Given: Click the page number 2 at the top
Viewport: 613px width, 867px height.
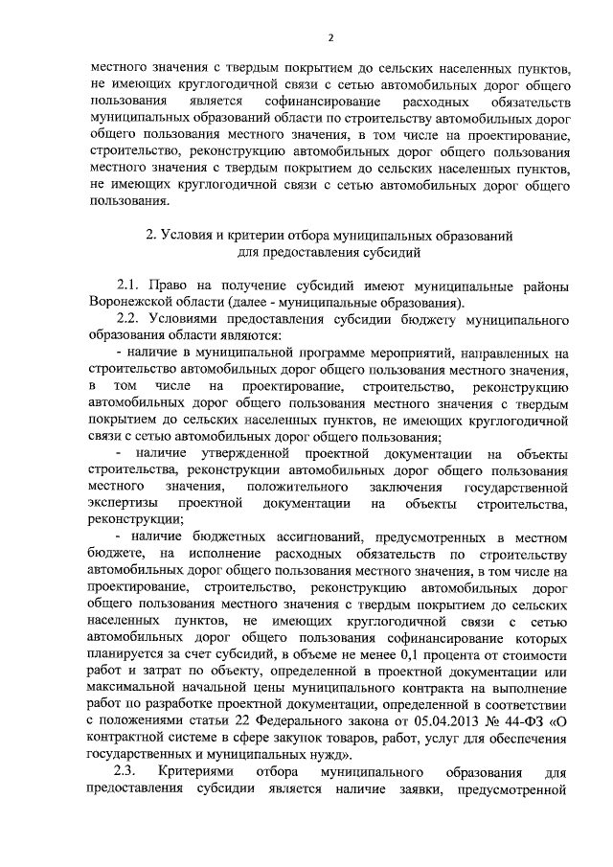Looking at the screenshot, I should click(x=329, y=38).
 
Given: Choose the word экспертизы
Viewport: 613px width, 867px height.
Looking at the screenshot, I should click(x=120, y=503).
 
